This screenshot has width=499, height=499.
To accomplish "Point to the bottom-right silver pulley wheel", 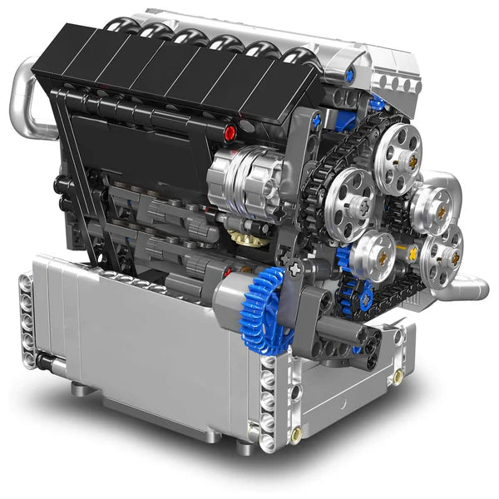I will point(440,253).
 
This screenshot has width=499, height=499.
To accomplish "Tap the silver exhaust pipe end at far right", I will point(474,289).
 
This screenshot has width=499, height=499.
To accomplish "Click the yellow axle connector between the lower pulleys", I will point(410,249).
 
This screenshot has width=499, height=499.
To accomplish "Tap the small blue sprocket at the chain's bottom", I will point(360,290).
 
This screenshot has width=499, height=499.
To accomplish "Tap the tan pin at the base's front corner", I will point(295,433).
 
